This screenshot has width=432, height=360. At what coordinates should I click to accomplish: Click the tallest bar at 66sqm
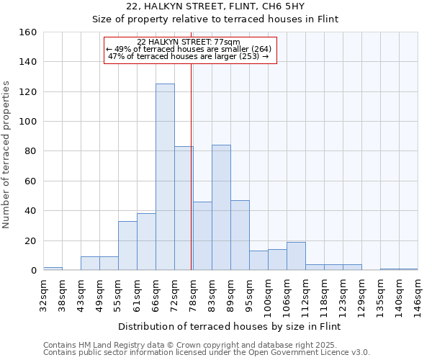coord(165,177)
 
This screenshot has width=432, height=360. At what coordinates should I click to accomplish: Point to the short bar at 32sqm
coord(53,269)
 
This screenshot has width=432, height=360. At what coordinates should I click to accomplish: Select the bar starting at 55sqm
coord(127,246)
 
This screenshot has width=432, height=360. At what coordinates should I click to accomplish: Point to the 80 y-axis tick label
coord(31,151)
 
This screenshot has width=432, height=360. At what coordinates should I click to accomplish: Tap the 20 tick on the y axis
coord(31,241)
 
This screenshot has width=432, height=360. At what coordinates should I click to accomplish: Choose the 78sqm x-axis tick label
coord(193,294)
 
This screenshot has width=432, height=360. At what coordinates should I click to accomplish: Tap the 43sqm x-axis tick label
coord(81,294)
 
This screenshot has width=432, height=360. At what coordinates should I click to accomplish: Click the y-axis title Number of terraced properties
coord(7,155)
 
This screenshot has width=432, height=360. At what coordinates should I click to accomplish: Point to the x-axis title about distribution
coord(229,327)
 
